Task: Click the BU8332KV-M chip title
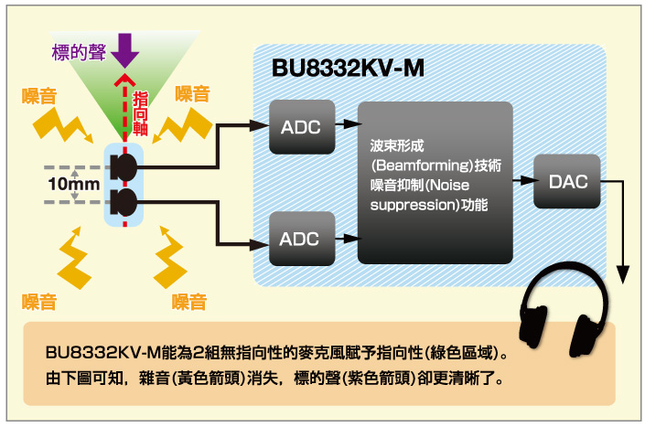pyautogui.click(x=348, y=69)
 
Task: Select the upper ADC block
pyautogui.click(x=300, y=127)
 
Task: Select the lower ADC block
pyautogui.click(x=300, y=239)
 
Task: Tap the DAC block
pyautogui.click(x=569, y=182)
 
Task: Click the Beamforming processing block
pyautogui.click(x=435, y=182)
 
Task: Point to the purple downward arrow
pyautogui.click(x=124, y=51)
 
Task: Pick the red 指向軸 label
pyautogui.click(x=142, y=113)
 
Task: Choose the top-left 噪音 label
pyautogui.click(x=37, y=93)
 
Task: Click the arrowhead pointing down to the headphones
pyautogui.click(x=624, y=273)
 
